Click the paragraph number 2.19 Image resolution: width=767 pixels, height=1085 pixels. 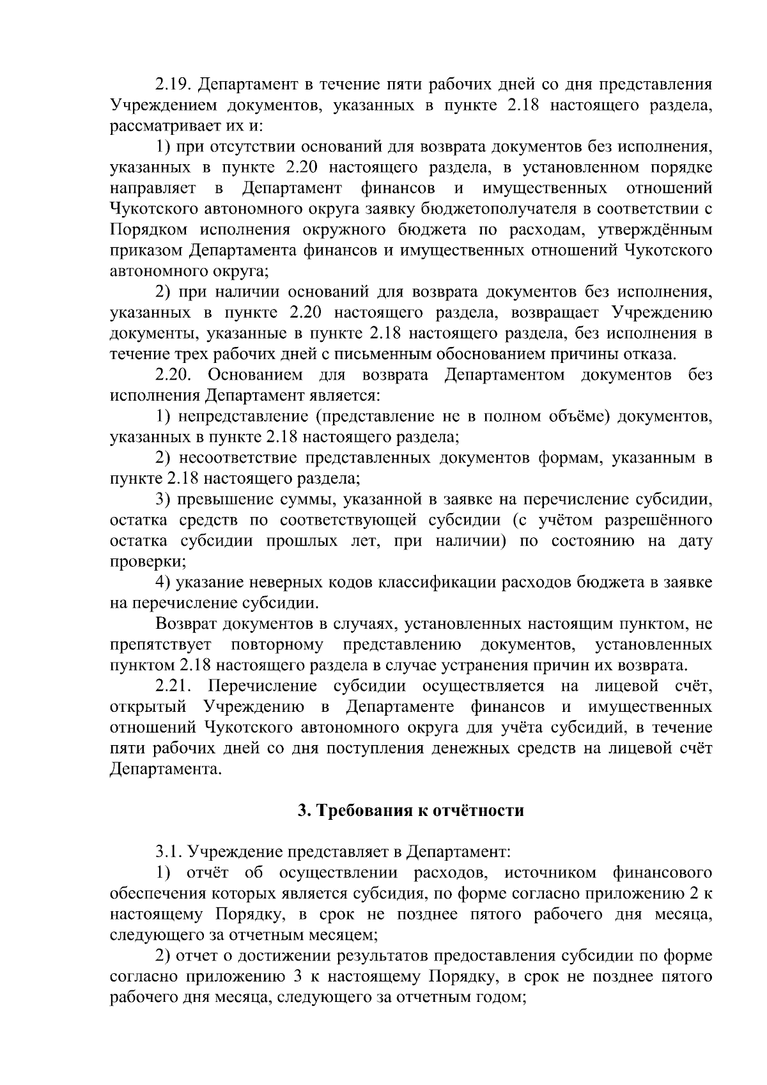coord(174,84)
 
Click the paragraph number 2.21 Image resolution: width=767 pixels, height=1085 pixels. coord(174,686)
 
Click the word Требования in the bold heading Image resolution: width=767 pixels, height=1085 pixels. coord(366,811)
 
